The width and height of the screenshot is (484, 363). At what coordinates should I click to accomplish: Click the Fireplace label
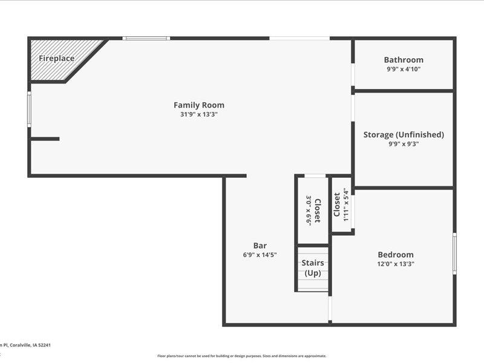click(x=57, y=59)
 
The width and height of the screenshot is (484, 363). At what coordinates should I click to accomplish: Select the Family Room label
click(x=199, y=105)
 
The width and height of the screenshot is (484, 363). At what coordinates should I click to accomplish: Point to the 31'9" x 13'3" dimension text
click(x=199, y=114)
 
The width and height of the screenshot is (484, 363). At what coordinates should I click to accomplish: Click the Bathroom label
click(x=404, y=60)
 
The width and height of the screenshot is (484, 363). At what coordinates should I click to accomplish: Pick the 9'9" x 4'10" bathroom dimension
click(x=404, y=69)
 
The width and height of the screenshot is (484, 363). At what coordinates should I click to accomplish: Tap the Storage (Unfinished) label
click(x=404, y=134)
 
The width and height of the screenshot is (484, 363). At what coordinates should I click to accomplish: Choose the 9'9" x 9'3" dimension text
click(x=404, y=144)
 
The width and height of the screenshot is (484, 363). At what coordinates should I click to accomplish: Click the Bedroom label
click(x=396, y=255)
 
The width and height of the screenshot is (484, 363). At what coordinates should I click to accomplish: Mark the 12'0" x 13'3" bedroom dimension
click(x=396, y=264)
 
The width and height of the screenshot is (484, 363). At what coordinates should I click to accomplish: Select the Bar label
click(x=260, y=246)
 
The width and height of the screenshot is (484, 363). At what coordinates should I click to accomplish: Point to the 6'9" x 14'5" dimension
click(x=260, y=255)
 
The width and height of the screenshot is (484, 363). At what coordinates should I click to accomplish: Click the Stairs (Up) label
click(x=313, y=268)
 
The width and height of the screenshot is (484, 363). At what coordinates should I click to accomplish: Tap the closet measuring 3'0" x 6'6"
click(x=313, y=209)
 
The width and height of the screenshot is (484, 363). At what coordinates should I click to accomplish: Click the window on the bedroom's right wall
click(x=454, y=253)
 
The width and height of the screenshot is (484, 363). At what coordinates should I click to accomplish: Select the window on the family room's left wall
click(x=29, y=109)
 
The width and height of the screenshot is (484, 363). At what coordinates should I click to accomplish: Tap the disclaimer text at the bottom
click(x=242, y=356)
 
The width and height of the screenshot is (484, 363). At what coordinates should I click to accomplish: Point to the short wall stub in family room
click(x=45, y=139)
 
